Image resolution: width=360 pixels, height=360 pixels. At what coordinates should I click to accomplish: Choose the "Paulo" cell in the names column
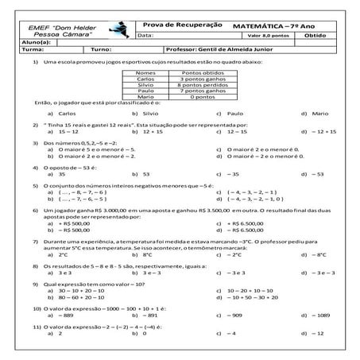[145, 91]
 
